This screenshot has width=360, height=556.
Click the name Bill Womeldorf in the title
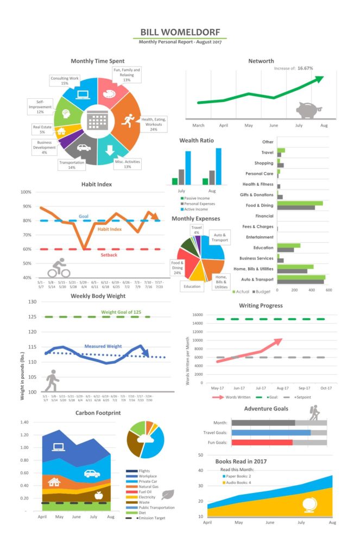click(180, 32)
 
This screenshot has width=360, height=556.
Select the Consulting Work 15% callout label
click(65, 81)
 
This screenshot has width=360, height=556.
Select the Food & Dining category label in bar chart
click(258, 205)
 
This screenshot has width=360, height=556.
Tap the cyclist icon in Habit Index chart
click(59, 268)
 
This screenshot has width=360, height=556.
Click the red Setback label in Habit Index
click(109, 254)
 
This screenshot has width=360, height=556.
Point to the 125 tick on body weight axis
click(32, 317)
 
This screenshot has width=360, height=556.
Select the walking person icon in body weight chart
click(52, 381)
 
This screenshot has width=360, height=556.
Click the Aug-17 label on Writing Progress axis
click(282, 389)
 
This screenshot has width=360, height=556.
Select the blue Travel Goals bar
click(271, 433)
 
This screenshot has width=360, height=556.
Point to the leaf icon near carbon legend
click(168, 495)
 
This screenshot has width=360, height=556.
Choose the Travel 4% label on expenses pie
click(196, 230)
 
